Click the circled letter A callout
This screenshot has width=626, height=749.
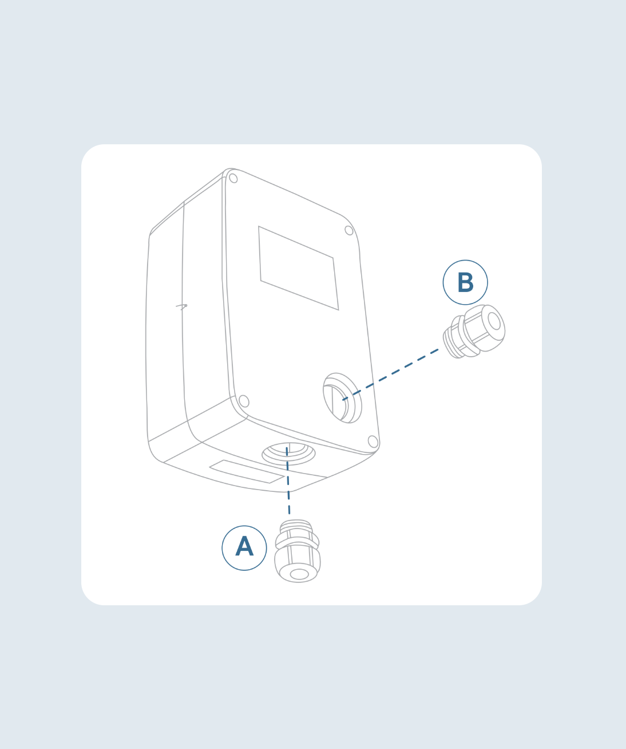(x=244, y=548)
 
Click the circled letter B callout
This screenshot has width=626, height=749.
(x=465, y=282)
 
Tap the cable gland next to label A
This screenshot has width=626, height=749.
(x=297, y=551)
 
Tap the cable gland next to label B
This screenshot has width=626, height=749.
(x=474, y=331)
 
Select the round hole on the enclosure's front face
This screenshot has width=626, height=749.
(x=342, y=398)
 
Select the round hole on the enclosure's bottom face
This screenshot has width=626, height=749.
(x=288, y=454)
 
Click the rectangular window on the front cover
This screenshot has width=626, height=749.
(x=298, y=268)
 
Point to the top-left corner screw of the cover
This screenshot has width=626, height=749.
(x=233, y=178)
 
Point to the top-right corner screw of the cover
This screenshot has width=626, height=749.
(x=349, y=230)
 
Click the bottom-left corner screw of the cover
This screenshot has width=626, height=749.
(x=244, y=401)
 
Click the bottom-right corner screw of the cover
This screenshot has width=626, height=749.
(x=373, y=441)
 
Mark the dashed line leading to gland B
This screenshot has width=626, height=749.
(x=390, y=374)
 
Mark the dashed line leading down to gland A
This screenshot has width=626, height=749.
(x=288, y=480)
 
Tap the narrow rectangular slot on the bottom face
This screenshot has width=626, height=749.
(x=247, y=471)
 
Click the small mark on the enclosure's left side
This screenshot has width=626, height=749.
(x=182, y=306)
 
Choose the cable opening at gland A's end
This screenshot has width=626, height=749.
(x=299, y=574)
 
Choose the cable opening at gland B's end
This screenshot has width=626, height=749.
(x=494, y=321)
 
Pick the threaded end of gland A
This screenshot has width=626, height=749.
(x=296, y=526)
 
